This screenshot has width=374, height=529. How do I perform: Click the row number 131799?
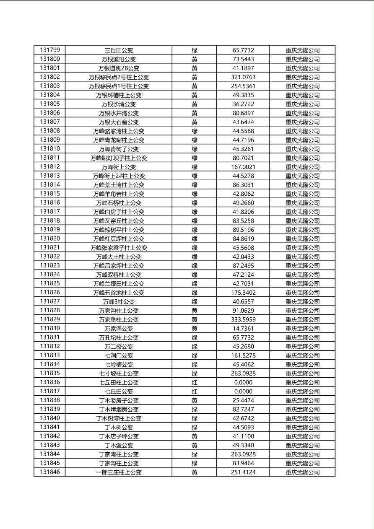[x=50, y=50]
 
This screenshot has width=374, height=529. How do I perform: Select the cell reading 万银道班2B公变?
[x=119, y=68]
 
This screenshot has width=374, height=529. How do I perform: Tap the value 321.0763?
[x=243, y=77]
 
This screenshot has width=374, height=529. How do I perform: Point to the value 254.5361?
[x=243, y=86]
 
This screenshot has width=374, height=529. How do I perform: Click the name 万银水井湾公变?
[x=119, y=113]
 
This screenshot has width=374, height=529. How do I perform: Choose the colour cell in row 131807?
[x=195, y=122]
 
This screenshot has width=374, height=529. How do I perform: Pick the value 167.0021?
[x=243, y=167]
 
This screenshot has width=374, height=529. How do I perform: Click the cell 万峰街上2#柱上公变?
[x=119, y=176]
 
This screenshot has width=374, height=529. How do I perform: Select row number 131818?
[x=50, y=220]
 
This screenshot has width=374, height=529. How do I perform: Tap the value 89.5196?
[x=243, y=230]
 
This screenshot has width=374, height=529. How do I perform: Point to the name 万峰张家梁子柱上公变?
[x=119, y=248]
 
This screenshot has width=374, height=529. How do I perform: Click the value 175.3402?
[x=243, y=293]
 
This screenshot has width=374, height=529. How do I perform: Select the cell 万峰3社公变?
[x=119, y=302]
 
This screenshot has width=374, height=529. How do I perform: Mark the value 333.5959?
[x=243, y=319]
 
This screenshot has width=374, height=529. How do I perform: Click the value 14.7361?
[x=243, y=329]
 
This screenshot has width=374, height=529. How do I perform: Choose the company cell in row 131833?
[x=302, y=355]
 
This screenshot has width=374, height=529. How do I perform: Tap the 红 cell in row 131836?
[x=195, y=382]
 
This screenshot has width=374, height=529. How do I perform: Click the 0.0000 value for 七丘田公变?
[x=243, y=392]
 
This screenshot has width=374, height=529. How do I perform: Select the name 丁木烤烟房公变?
[x=119, y=410]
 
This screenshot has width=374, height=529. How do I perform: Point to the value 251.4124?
[x=243, y=472]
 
